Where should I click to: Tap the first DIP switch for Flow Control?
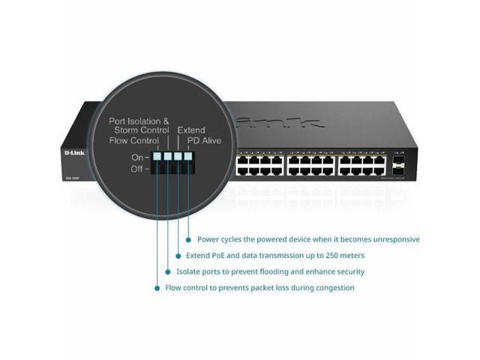(157, 157)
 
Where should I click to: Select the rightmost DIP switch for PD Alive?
(188, 157)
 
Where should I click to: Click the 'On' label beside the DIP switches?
(138, 157)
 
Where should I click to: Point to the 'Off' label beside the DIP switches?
(138, 169)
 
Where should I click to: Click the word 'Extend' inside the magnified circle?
(190, 130)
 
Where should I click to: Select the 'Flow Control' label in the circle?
(134, 139)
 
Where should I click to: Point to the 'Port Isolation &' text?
(139, 120)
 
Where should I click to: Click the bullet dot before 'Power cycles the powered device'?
(188, 240)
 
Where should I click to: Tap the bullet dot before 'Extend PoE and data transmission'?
(178, 256)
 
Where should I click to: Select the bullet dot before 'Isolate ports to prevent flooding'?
(167, 271)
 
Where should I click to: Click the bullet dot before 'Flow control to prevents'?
(157, 287)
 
